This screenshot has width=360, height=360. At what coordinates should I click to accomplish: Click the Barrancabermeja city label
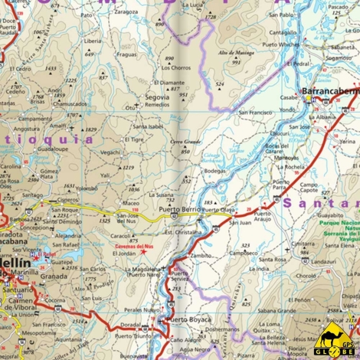point(330,91)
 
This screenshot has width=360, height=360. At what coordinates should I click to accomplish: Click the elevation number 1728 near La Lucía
point(211,16)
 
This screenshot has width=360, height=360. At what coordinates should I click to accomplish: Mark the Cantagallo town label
point(283,33)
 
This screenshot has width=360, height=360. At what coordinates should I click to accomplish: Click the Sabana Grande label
point(276,312)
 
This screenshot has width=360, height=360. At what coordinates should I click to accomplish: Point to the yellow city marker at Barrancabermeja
point(308,99)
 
